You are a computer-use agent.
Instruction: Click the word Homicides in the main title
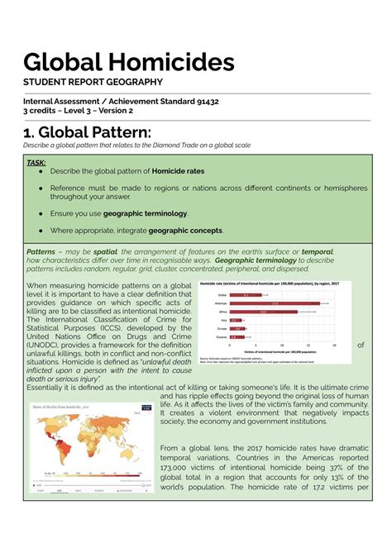tap(174, 63)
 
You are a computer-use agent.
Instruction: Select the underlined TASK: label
tap(35, 163)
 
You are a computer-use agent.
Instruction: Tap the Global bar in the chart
tap(245, 295)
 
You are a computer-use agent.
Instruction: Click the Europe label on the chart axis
tap(222, 328)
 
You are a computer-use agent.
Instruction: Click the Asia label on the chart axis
tap(222, 320)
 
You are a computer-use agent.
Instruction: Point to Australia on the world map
tap(137, 461)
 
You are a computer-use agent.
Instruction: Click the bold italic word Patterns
tap(41, 250)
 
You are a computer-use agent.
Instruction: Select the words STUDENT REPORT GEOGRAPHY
tap(92, 82)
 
